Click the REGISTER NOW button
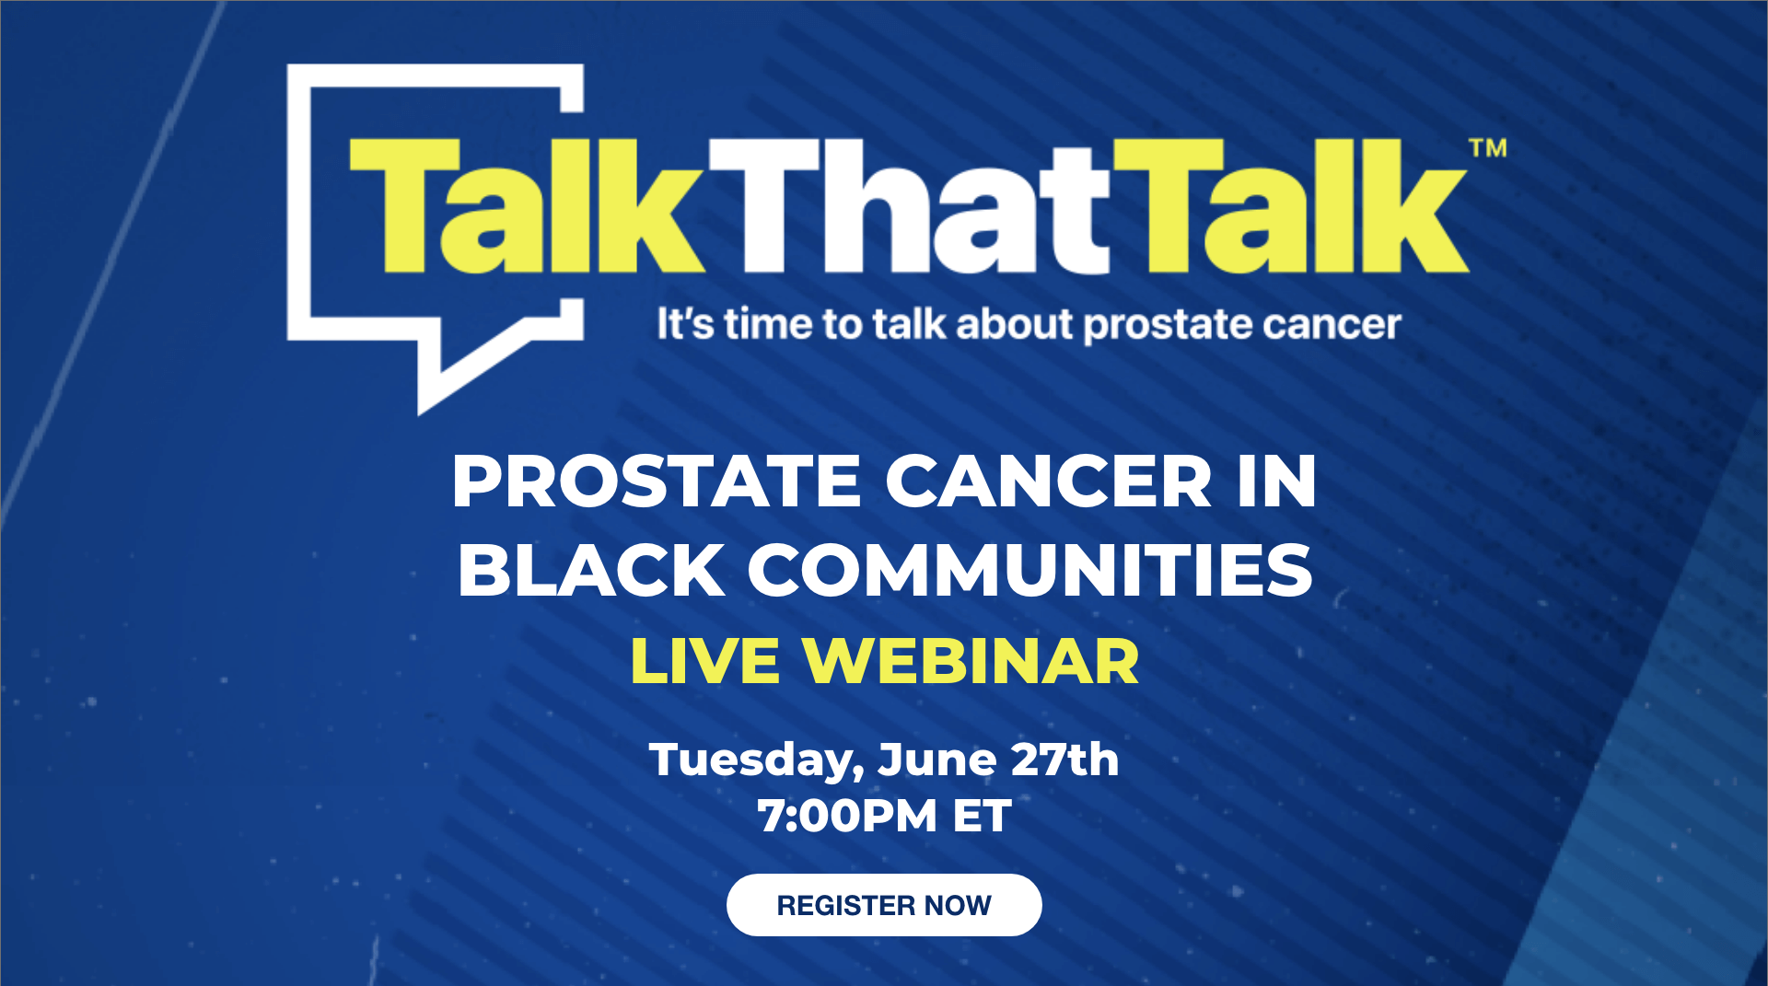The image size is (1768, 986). point(884,905)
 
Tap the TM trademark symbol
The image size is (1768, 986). point(1488,148)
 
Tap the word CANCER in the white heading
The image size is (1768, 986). point(1049,481)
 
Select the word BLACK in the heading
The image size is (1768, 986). point(590,570)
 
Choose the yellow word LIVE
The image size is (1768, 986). point(705,661)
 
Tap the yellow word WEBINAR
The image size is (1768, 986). point(971,661)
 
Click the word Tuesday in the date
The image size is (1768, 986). point(756,761)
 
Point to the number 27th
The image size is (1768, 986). point(1064,760)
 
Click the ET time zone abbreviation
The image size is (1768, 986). point(983,816)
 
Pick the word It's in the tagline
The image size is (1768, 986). point(685,324)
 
